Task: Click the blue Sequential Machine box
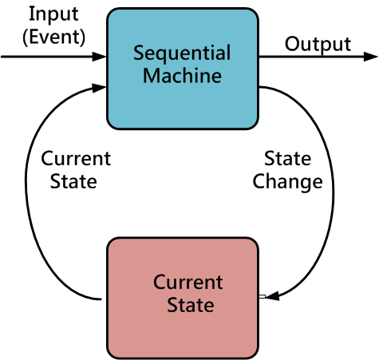(x=183, y=69)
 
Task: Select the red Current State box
(x=183, y=298)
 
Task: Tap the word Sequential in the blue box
(x=182, y=53)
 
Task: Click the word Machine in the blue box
(x=182, y=76)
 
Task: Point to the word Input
(x=53, y=14)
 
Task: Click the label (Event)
(x=54, y=38)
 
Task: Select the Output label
(x=318, y=45)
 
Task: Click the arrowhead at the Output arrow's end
(x=371, y=57)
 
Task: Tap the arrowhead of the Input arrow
(x=99, y=57)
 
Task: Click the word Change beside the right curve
(x=287, y=183)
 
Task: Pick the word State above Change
(x=287, y=159)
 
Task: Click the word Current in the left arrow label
(x=76, y=159)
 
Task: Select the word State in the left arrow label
(x=73, y=181)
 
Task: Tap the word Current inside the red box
(x=188, y=282)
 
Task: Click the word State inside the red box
(x=191, y=305)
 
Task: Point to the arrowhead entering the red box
(x=272, y=296)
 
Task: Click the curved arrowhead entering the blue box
(x=99, y=88)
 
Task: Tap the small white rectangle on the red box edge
(x=263, y=296)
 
